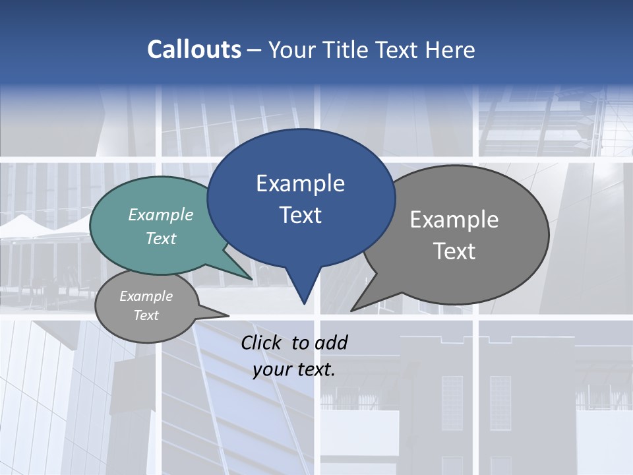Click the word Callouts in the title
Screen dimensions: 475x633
click(194, 49)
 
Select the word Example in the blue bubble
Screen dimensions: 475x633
click(300, 183)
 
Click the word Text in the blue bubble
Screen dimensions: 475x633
click(300, 215)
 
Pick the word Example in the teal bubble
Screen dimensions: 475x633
click(161, 214)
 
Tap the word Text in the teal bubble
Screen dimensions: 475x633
click(161, 238)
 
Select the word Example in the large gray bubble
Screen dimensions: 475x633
click(454, 220)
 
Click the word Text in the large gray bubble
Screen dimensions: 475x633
click(454, 251)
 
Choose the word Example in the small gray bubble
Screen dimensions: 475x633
click(146, 296)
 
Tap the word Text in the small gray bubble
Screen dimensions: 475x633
click(146, 315)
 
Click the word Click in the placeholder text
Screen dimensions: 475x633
click(262, 342)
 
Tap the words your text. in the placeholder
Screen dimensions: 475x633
click(294, 369)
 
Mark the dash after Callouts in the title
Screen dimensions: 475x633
click(255, 49)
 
